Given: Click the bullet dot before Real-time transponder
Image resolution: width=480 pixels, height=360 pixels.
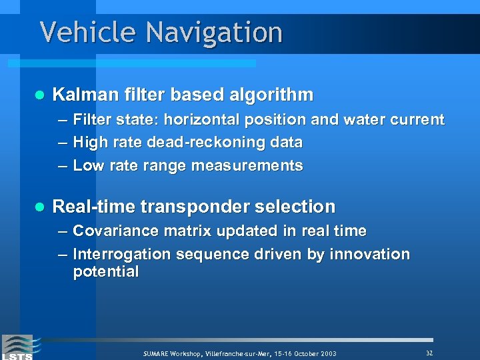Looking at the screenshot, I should click(x=38, y=207).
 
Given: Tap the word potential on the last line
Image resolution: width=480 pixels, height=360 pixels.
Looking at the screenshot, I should click(x=105, y=272).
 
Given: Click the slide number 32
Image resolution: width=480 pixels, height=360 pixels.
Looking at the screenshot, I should click(x=429, y=352).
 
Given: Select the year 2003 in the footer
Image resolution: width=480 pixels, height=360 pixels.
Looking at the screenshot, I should click(x=327, y=353).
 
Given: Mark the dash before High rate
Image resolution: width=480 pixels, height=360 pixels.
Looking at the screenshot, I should click(x=62, y=143).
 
